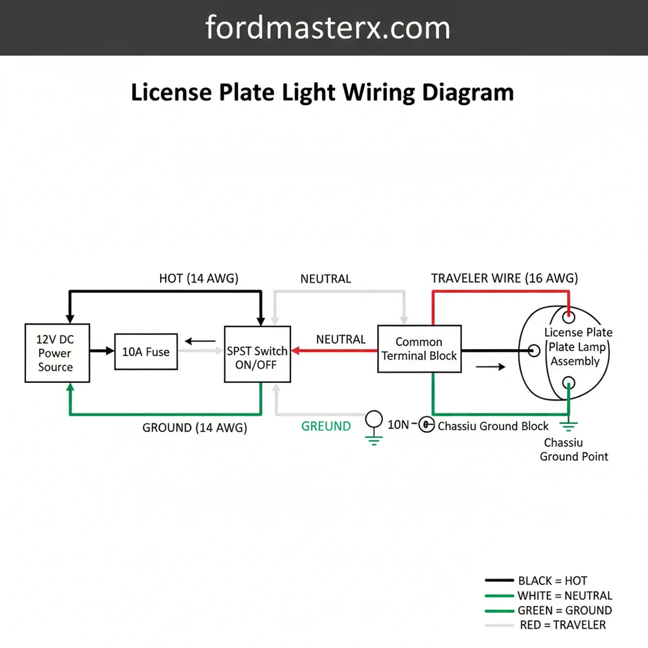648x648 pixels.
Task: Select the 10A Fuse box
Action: click(146, 352)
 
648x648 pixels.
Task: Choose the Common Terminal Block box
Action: click(419, 349)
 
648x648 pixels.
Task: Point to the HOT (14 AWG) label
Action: click(199, 279)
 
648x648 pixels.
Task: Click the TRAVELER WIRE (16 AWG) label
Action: click(504, 279)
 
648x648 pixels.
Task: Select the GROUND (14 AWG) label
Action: click(194, 428)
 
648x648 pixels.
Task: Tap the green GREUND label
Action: click(326, 426)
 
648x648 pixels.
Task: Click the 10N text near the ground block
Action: click(398, 425)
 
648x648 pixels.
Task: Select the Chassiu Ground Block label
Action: click(493, 426)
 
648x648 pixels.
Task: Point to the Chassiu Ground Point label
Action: click(574, 450)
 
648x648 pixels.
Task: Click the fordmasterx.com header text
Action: click(327, 28)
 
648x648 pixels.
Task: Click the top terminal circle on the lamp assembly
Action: click(568, 318)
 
